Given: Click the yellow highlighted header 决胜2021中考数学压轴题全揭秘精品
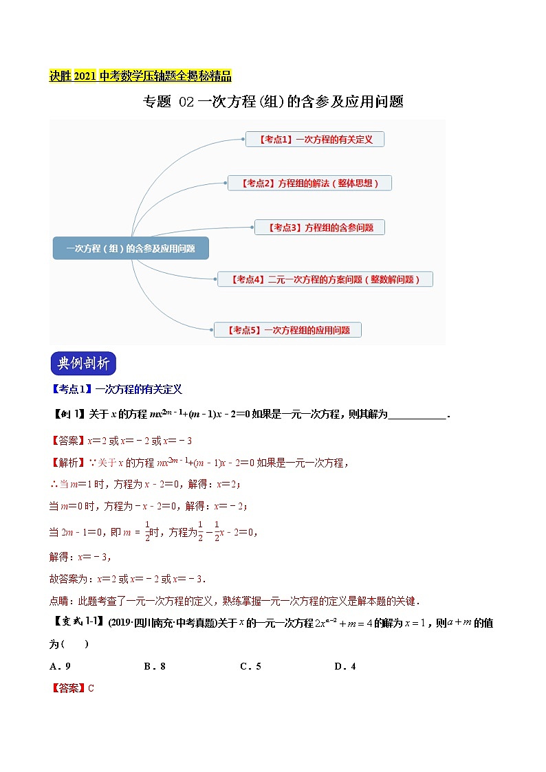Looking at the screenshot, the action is (x=140, y=76).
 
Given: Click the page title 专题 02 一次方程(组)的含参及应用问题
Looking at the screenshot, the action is (x=272, y=102).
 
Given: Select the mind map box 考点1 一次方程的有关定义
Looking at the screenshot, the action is (x=315, y=139).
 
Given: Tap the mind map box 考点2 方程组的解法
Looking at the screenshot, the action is (x=310, y=183).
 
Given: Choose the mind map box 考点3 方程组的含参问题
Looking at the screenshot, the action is (x=319, y=227).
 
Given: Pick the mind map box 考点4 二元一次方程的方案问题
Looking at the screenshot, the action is (x=325, y=279).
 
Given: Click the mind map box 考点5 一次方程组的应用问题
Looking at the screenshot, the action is (x=287, y=330).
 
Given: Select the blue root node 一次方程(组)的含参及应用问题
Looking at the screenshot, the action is (x=131, y=248).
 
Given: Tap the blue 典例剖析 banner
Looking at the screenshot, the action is (x=84, y=364).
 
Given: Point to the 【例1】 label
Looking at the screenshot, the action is (x=67, y=414).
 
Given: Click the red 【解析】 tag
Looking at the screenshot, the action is (x=68, y=463).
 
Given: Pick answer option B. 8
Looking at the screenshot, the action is (x=155, y=666).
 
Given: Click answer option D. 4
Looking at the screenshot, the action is (x=345, y=666).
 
